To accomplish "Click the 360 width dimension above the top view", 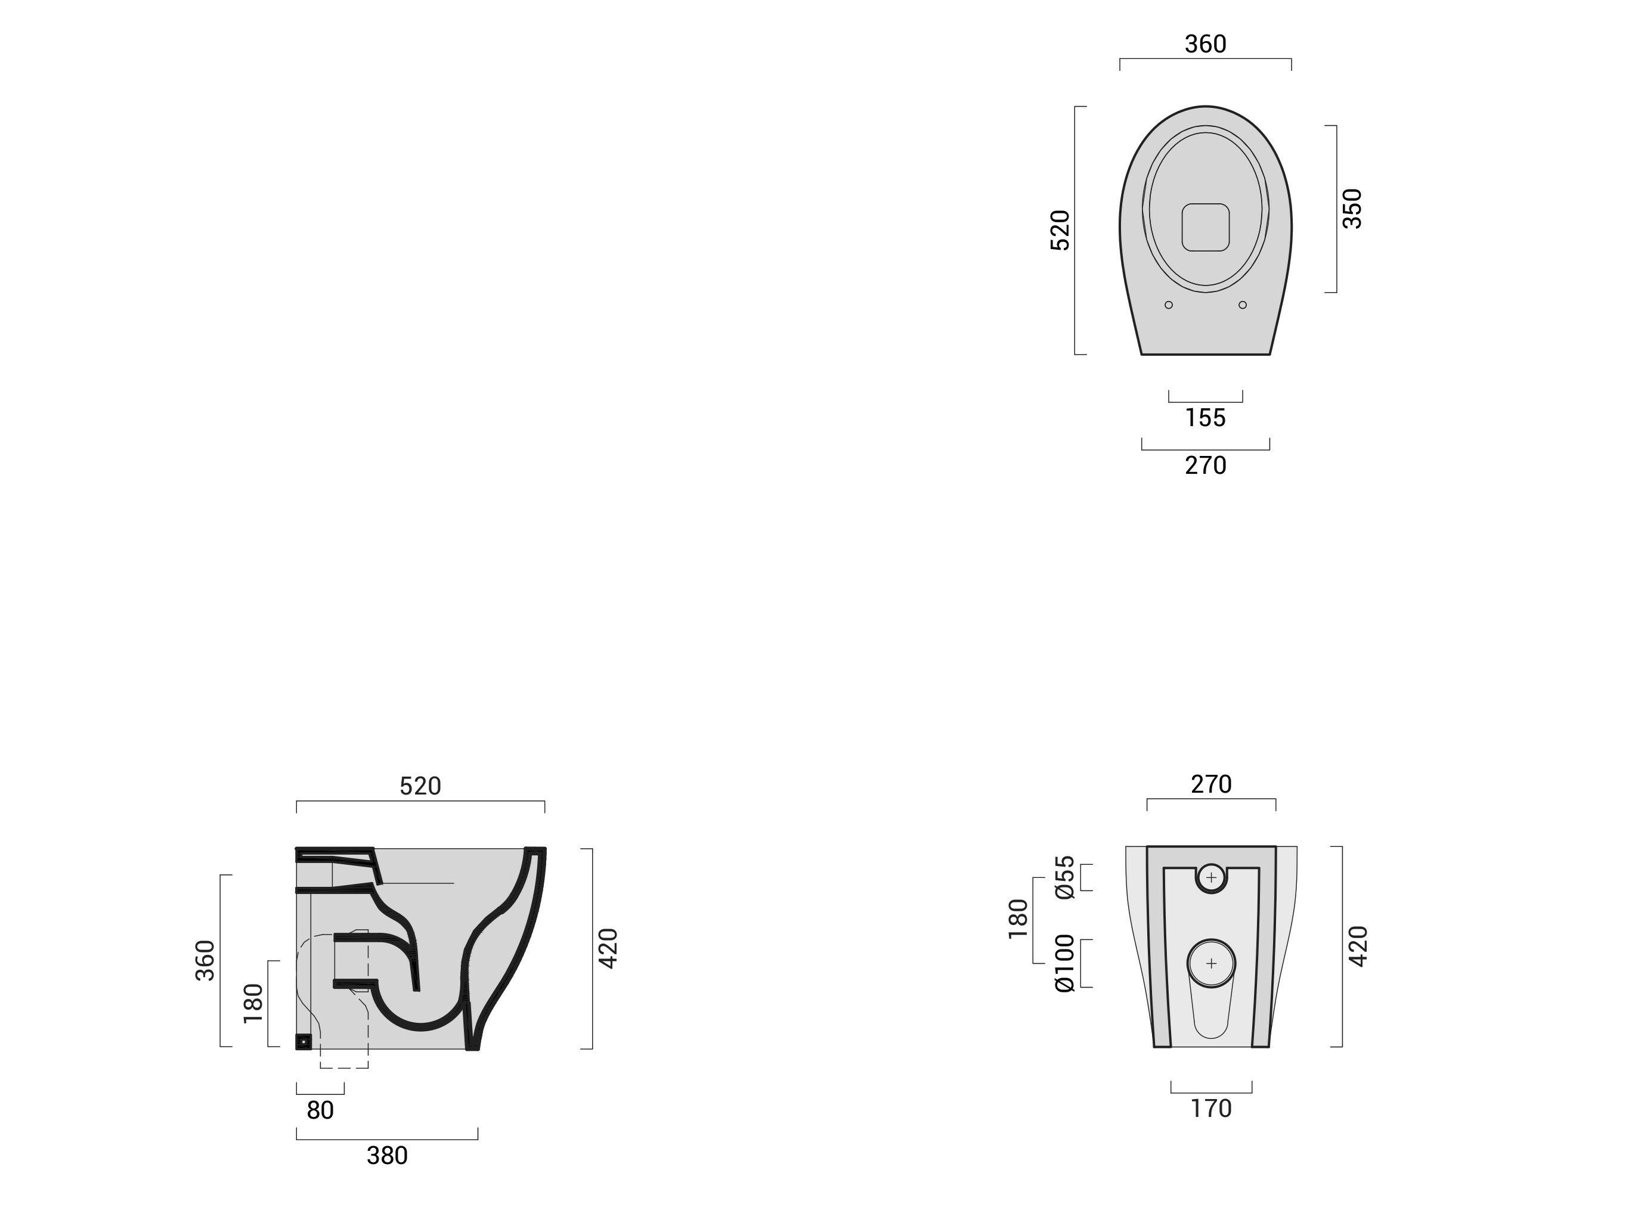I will point(1205,44).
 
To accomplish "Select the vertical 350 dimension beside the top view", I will point(1351,209).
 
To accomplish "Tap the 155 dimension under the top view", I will point(1205,418).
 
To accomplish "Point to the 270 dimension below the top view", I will point(1205,465).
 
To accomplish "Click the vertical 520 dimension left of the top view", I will point(1060,231).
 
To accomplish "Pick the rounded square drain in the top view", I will point(1205,227).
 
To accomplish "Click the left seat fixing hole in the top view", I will point(1169,305).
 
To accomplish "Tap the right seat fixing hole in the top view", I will point(1243,305).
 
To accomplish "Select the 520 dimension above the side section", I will point(420,786).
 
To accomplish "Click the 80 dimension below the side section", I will point(320,1110).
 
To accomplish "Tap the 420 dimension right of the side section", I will point(608,948).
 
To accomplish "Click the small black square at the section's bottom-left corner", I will point(304,1042).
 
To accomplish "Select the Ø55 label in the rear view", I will point(1065,877).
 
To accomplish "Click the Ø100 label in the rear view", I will point(1065,963).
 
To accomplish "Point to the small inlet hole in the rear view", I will point(1210,878).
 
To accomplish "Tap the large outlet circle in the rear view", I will point(1210,964).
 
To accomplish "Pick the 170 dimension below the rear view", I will point(1210,1109).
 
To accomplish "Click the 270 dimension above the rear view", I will point(1210,784).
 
